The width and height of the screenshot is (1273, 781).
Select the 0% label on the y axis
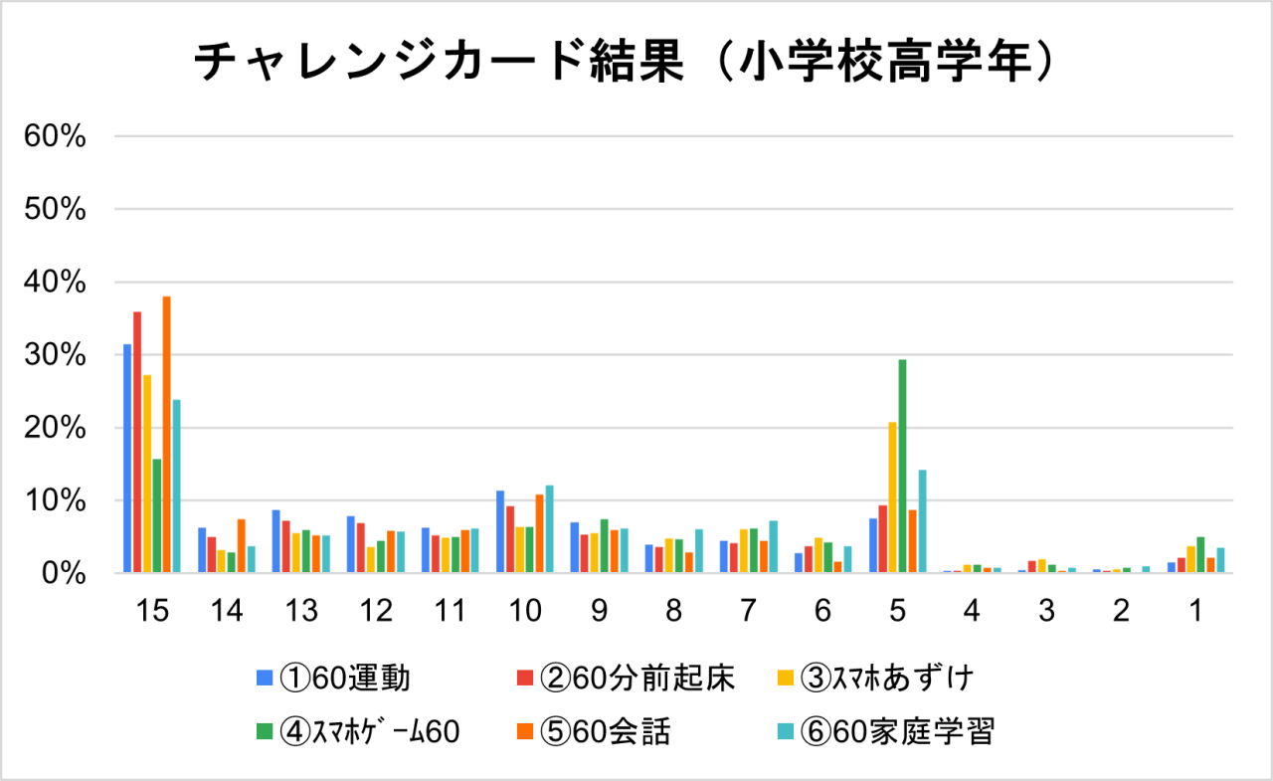(x=65, y=574)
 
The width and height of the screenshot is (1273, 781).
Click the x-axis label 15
(x=151, y=611)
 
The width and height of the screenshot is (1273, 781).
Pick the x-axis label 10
(x=524, y=611)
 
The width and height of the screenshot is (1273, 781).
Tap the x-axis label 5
(x=897, y=611)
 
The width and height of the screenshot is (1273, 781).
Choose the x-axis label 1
(x=1195, y=611)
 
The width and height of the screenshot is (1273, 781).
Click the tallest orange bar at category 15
(x=166, y=435)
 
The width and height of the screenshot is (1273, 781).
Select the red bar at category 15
(x=137, y=443)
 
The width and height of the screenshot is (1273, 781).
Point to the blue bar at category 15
(x=127, y=459)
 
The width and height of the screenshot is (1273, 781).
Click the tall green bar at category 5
(x=902, y=467)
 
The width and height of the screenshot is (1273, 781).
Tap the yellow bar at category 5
(x=892, y=497)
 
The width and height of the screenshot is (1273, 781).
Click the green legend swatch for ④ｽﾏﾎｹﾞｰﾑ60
(x=265, y=732)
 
